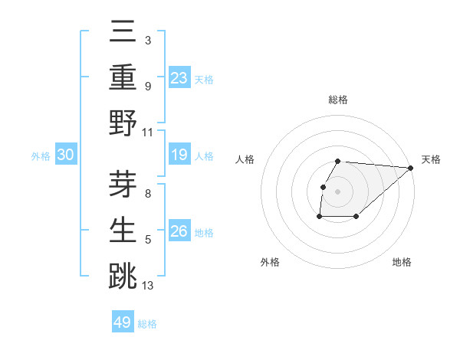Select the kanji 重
pyautogui.click(x=123, y=77)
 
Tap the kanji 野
pyautogui.click(x=123, y=123)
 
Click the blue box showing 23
pyautogui.click(x=179, y=77)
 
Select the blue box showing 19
pyautogui.click(x=179, y=155)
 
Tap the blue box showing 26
pyautogui.click(x=179, y=231)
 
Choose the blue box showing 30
pyautogui.click(x=66, y=155)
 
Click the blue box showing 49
pyautogui.click(x=123, y=322)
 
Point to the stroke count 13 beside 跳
pyautogui.click(x=148, y=286)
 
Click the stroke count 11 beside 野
pyautogui.click(x=148, y=132)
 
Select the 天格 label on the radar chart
pyautogui.click(x=431, y=159)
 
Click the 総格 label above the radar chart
pyautogui.click(x=338, y=100)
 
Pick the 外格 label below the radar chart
pyautogui.click(x=270, y=262)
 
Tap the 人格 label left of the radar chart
pyautogui.click(x=246, y=159)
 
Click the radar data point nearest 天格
pyautogui.click(x=411, y=168)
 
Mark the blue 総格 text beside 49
pyautogui.click(x=147, y=324)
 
